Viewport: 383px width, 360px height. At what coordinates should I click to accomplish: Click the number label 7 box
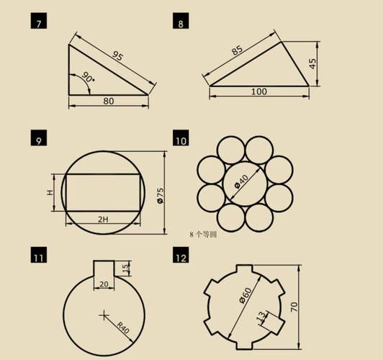click(x=38, y=23)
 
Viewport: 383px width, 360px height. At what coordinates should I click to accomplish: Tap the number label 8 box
click(x=180, y=23)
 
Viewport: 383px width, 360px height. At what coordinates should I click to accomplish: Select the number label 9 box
click(x=38, y=138)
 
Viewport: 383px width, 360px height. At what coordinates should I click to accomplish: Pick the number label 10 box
click(x=180, y=138)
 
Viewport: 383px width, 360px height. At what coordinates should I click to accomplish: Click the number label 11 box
click(x=38, y=255)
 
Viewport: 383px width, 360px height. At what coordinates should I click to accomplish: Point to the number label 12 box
click(x=180, y=255)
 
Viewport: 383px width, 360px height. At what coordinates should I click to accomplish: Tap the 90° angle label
click(x=86, y=78)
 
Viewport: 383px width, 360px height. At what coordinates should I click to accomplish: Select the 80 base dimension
click(x=108, y=101)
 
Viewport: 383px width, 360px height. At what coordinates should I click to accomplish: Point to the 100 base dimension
click(x=259, y=92)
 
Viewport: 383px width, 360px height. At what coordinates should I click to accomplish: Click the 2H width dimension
click(x=103, y=218)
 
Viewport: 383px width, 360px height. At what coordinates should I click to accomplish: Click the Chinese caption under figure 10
click(x=203, y=235)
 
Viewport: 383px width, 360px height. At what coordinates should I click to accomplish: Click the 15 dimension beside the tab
click(x=127, y=269)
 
